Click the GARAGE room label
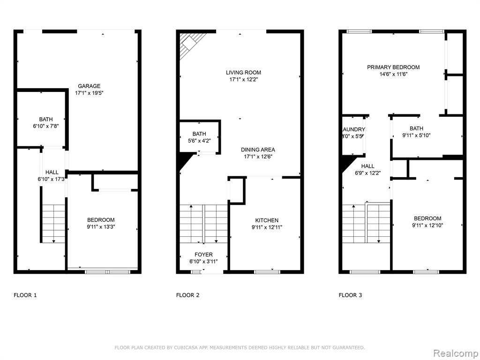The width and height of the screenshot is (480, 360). tap(89, 86)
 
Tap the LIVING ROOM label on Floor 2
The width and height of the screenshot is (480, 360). tap(243, 73)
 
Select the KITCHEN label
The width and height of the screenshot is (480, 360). tap(267, 220)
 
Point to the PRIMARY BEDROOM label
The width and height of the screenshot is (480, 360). tap(393, 67)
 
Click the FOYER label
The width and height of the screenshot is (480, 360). tap(203, 255)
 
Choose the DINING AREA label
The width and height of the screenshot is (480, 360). tap(258, 150)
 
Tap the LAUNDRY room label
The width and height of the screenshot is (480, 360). tap(353, 129)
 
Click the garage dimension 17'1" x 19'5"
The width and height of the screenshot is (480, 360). tap(90, 93)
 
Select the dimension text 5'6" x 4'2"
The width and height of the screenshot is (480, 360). tap(199, 141)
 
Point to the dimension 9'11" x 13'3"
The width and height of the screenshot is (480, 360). tap(101, 227)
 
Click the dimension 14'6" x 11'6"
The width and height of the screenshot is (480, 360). tap(393, 74)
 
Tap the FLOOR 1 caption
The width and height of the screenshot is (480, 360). tap(25, 295)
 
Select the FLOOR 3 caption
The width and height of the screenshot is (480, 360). tap(350, 295)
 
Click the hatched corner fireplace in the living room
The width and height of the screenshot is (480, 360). tap(189, 43)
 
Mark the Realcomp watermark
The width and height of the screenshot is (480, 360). tap(455, 353)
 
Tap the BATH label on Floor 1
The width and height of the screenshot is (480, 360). tap(46, 120)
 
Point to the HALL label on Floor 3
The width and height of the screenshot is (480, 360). tap(367, 166)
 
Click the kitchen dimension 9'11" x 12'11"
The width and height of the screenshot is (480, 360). tap(267, 227)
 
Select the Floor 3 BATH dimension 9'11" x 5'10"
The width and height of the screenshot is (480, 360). tap(416, 135)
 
